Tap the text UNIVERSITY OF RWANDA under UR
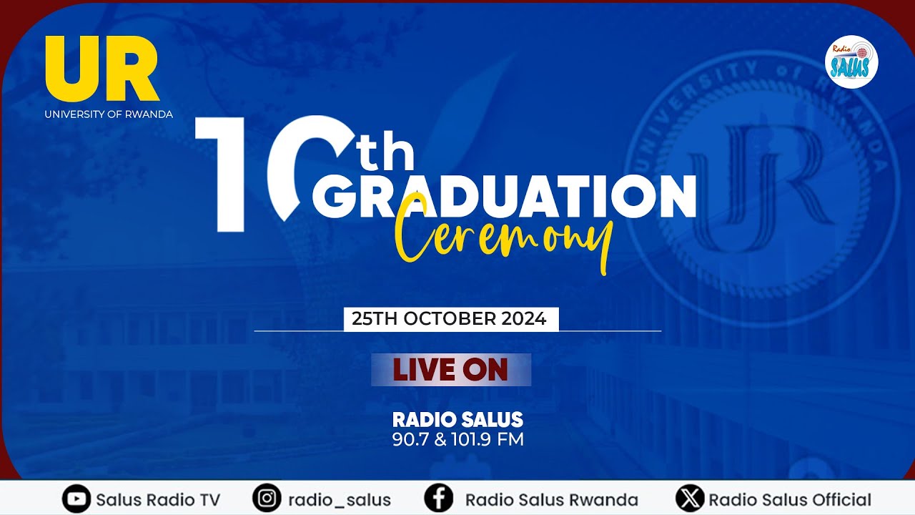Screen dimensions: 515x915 tap(109, 114)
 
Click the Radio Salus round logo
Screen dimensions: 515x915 tap(851, 62)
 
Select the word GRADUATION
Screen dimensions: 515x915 tap(504, 196)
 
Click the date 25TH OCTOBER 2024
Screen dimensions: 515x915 tap(450, 319)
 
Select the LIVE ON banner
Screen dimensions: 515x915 tap(450, 370)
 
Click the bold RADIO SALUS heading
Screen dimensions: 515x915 tap(457, 419)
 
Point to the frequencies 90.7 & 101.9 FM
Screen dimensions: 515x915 tap(457, 439)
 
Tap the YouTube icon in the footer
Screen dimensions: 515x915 tap(75, 499)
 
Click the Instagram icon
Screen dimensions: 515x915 tap(267, 499)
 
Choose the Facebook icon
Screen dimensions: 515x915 tap(438, 499)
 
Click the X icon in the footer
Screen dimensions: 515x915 tap(689, 499)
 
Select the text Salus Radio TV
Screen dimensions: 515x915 tap(158, 500)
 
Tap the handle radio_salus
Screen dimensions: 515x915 tap(340, 500)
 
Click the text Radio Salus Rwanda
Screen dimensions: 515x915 tap(551, 500)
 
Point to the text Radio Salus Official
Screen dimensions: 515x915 tap(790, 500)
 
